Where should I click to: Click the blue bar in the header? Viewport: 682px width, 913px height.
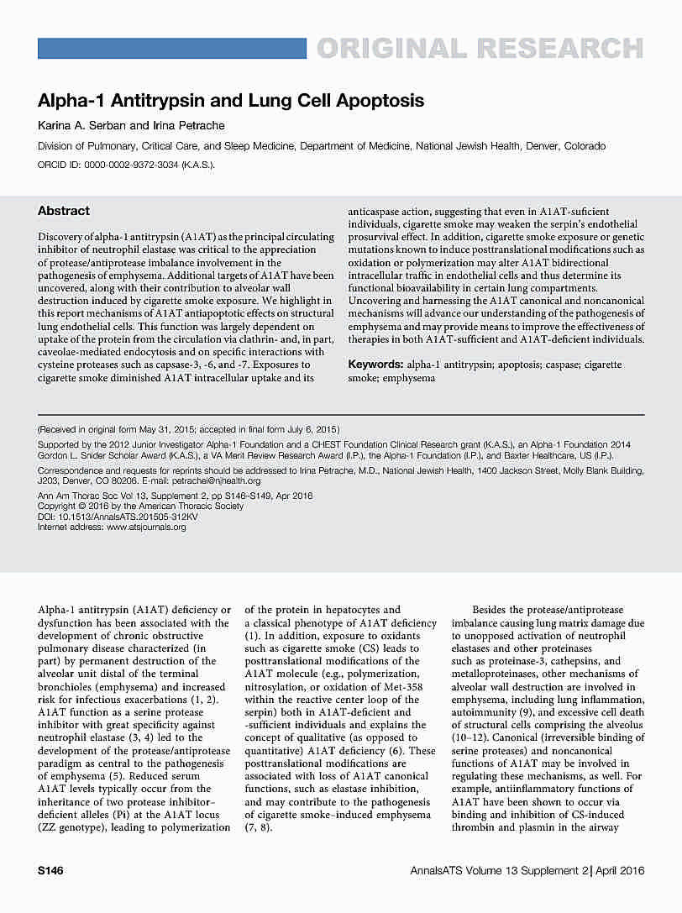(172, 49)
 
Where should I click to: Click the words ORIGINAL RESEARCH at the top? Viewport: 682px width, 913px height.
(480, 49)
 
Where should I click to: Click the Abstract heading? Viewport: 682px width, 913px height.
(64, 211)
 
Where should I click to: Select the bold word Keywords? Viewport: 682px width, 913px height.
(375, 365)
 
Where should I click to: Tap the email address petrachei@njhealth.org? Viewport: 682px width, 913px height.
(216, 481)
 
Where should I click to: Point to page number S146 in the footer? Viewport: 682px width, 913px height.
(50, 871)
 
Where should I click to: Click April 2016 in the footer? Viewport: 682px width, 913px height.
(621, 871)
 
